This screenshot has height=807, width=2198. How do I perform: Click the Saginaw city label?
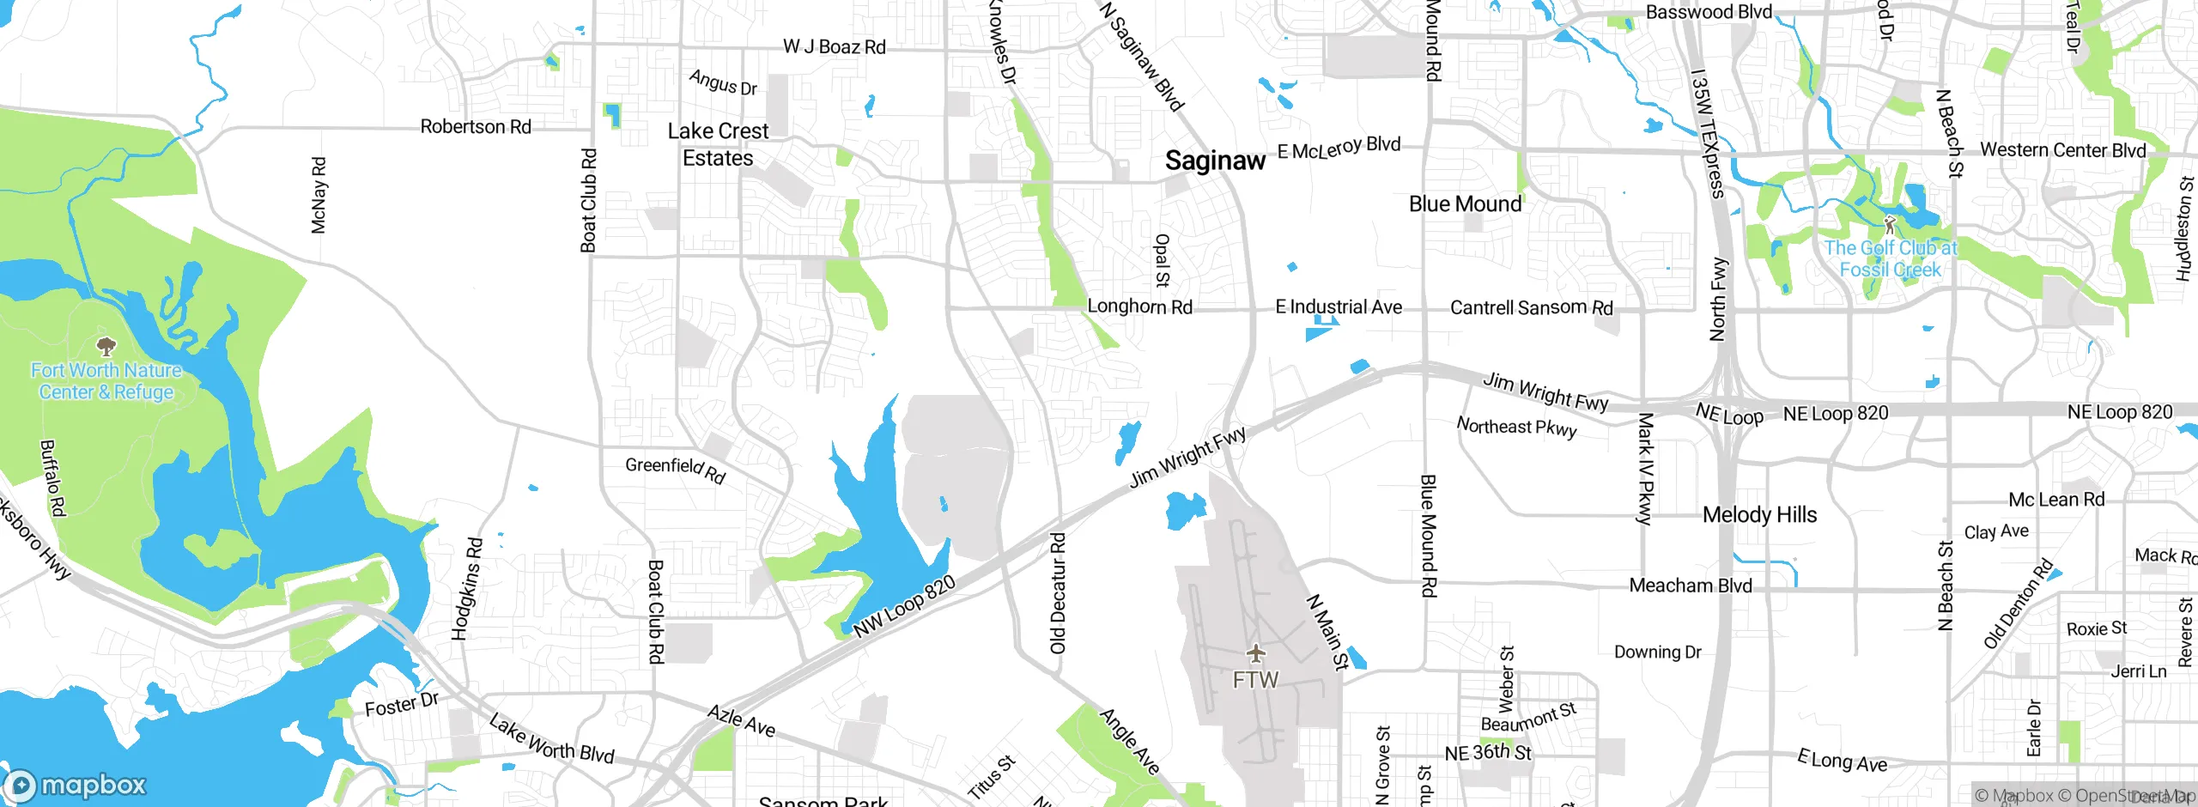1214,161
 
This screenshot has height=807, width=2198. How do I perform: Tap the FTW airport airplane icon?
1256,653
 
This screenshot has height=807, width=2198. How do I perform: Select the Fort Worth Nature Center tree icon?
106,346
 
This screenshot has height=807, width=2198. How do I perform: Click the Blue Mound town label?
1465,204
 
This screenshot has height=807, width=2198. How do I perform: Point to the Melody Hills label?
1759,515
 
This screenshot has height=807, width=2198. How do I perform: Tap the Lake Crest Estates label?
718,144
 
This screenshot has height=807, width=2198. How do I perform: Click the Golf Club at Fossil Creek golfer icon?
1889,225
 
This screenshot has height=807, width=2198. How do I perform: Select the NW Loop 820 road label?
904,607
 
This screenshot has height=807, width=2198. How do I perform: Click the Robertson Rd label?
476,127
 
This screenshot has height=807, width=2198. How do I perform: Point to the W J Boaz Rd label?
834,47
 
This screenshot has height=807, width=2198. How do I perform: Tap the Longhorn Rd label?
1139,306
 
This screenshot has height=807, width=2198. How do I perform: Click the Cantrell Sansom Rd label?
1531,307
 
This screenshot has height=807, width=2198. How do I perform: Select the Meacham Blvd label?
1690,586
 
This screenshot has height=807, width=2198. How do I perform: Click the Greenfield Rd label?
675,470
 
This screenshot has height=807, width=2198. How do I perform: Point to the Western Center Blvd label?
2062,150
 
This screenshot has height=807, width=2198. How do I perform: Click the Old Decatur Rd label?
1058,592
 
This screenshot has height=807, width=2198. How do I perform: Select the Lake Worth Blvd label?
551,738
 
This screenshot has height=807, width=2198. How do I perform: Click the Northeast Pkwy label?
1516,427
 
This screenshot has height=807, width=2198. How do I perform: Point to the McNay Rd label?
319,195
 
